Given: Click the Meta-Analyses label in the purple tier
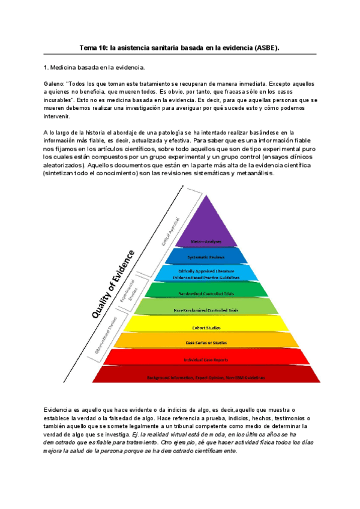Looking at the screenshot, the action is pos(206,241).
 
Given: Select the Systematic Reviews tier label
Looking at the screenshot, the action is pos(206,257).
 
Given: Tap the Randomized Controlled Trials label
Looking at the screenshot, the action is pos(206,294).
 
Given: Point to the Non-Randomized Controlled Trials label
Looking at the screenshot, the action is pos(206,310).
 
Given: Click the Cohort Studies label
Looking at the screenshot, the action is pos(206,328).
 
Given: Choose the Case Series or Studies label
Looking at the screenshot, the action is pos(206,343).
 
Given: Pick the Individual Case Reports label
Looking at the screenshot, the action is pos(206,360).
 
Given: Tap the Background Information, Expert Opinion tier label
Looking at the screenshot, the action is pos(206,378).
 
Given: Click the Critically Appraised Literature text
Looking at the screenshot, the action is pos(206,272).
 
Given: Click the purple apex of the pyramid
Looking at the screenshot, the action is pos(206,210).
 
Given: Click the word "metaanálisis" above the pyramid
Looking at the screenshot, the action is pos(254,173).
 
